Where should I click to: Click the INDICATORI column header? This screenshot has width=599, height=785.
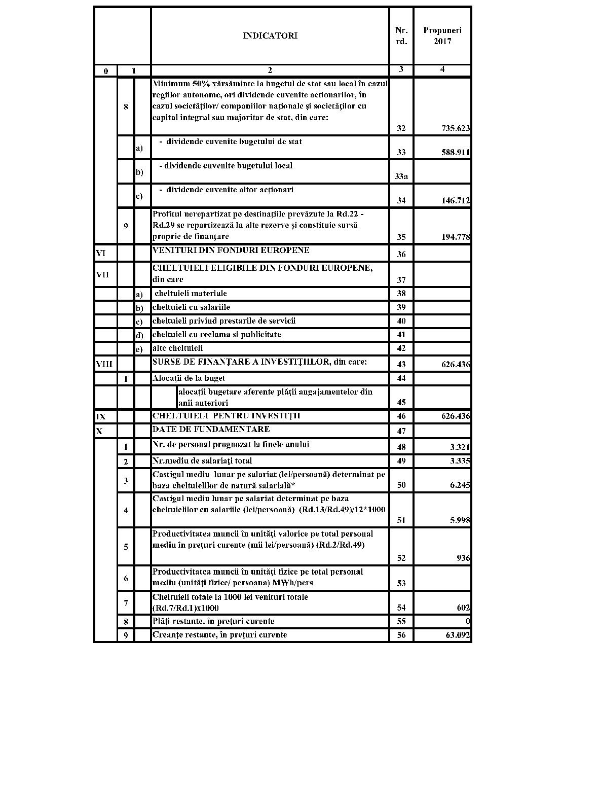[270, 35]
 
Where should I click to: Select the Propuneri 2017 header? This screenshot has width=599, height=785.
[442, 35]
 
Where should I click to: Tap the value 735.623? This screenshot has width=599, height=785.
[455, 128]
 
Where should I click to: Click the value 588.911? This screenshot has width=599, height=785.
[455, 153]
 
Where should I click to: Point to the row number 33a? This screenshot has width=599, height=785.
[401, 176]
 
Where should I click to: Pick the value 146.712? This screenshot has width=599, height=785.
[455, 201]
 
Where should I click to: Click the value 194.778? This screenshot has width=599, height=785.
[455, 237]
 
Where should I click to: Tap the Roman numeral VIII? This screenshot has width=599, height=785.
[104, 364]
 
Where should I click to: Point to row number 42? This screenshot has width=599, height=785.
[401, 348]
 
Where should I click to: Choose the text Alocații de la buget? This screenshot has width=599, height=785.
[189, 378]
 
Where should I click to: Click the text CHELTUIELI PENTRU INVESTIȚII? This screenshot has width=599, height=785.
[226, 416]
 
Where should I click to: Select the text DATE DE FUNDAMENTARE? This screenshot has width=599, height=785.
[211, 430]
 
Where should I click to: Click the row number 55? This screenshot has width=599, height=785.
[401, 622]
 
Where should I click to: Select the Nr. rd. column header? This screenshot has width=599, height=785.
[401, 35]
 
